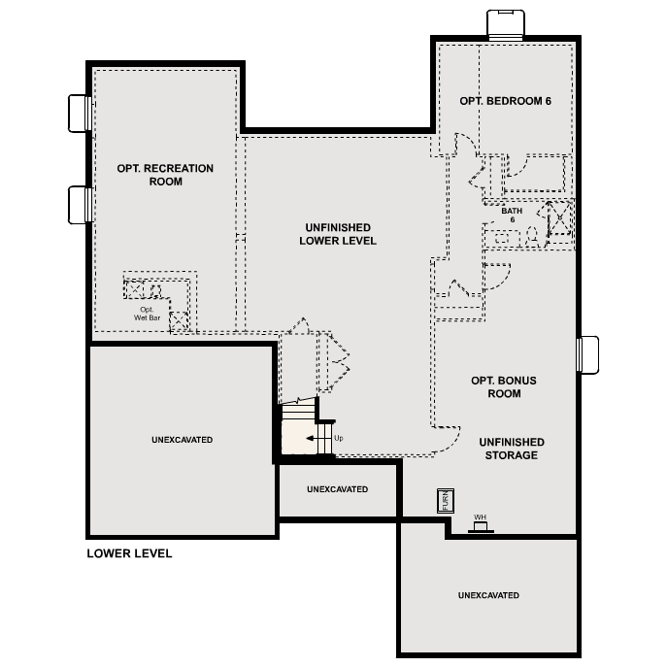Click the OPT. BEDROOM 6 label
click(505, 101)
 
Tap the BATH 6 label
click(511, 215)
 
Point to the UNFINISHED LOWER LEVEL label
click(337, 234)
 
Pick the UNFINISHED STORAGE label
click(511, 449)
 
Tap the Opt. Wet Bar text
click(146, 313)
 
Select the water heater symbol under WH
click(480, 527)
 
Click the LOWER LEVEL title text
click(129, 553)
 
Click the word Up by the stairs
click(338, 438)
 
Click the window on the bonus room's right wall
click(588, 354)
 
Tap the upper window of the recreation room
click(79, 114)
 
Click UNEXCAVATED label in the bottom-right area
click(488, 595)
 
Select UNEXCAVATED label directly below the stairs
click(337, 489)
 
